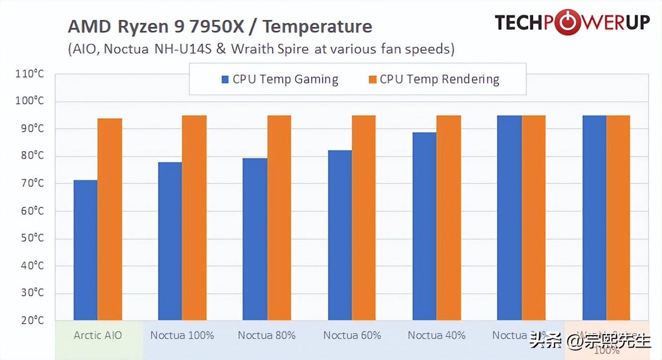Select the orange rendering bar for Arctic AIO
pyautogui.click(x=110, y=219)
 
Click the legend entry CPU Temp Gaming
pyautogui.click(x=285, y=79)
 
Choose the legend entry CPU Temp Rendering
pyautogui.click(x=439, y=79)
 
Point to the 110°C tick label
pyautogui.click(x=30, y=74)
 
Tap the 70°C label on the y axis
pyautogui.click(x=32, y=183)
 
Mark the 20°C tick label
pyautogui.click(x=32, y=321)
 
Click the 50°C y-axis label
pyautogui.click(x=32, y=238)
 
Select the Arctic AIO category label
pyautogui.click(x=98, y=335)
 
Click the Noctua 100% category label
pyautogui.click(x=182, y=335)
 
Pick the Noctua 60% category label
pyautogui.click(x=352, y=335)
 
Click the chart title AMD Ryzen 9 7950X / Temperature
pyautogui.click(x=220, y=26)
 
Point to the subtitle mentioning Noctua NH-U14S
pyautogui.click(x=261, y=49)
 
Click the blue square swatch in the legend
pyautogui.click(x=225, y=80)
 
